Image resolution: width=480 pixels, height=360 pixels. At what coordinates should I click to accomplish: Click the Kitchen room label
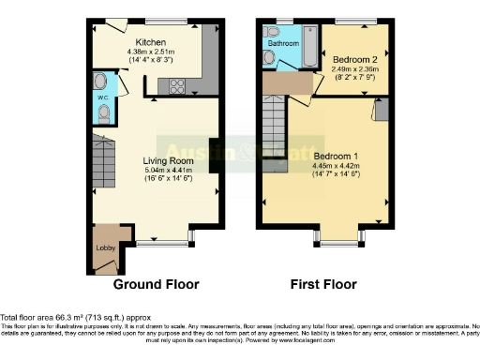tap(151, 42)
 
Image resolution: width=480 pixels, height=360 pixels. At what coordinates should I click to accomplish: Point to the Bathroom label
tap(284, 43)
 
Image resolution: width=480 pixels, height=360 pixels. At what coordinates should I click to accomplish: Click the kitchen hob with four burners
tap(175, 86)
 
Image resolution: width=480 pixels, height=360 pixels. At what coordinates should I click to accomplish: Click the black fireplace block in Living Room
tap(214, 156)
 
